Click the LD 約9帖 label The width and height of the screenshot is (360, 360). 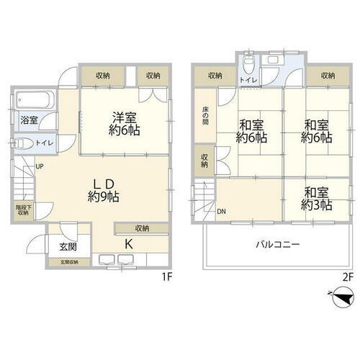104,188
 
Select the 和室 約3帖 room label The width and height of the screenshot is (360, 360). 317,199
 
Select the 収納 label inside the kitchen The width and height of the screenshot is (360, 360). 141,228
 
